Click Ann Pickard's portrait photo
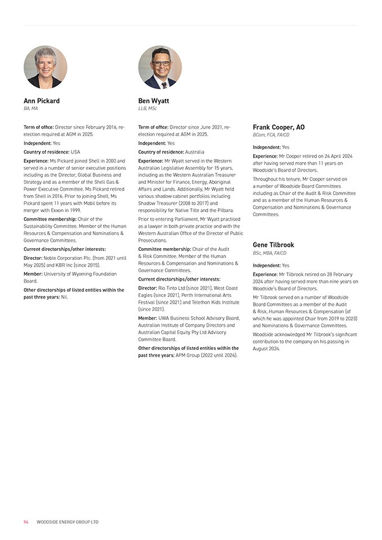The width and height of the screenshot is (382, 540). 45,67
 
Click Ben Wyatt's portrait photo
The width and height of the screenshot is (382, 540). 160,67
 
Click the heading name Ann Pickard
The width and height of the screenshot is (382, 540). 42,101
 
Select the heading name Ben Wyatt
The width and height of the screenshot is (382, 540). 154,101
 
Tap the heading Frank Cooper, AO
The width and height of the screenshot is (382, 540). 278,128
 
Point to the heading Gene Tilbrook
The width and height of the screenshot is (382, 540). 273,245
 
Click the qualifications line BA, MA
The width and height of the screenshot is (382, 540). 31,109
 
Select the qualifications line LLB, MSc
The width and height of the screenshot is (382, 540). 147,109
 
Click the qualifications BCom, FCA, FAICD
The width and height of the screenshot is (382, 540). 271,135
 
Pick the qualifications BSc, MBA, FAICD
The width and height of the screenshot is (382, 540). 269,253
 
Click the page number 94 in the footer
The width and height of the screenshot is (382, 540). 26,522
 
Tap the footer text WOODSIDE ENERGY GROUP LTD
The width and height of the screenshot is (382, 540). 68,522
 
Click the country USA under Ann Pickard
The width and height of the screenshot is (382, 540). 75,152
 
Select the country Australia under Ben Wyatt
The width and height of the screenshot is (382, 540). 194,152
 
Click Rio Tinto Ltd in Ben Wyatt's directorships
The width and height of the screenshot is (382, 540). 173,288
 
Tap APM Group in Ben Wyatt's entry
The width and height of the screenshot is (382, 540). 188,355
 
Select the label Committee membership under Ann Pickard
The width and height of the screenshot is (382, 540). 47,219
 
